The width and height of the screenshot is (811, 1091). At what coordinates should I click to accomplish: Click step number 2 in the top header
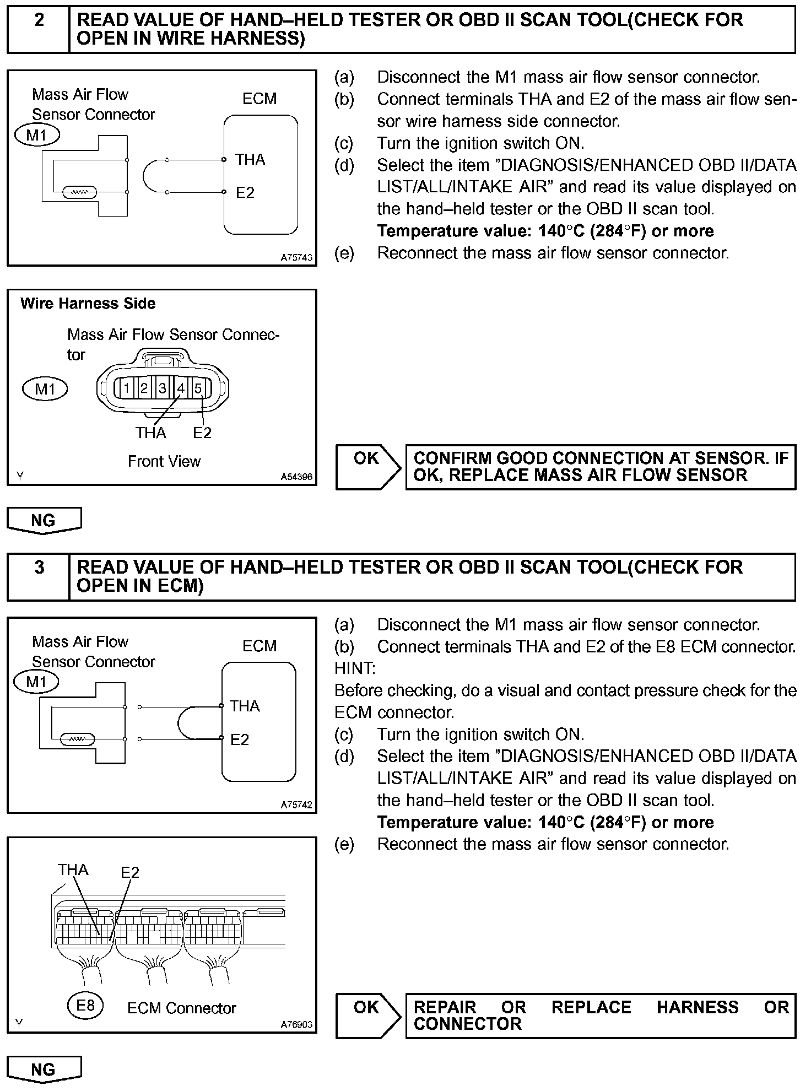click(x=39, y=20)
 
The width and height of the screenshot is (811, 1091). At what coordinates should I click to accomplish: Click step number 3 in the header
click(x=39, y=567)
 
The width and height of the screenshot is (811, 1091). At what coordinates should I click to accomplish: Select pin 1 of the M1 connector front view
click(x=127, y=388)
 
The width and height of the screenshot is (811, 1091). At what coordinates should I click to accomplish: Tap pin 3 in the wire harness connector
click(x=163, y=388)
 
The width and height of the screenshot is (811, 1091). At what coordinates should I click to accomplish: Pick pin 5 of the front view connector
click(x=198, y=388)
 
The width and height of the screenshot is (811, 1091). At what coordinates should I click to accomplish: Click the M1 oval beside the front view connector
click(x=45, y=389)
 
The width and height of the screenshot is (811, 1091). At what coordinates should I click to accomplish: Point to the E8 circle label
click(x=85, y=1006)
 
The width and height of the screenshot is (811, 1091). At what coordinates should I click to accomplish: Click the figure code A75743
click(x=296, y=257)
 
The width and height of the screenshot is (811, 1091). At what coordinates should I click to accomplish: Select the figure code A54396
click(x=296, y=477)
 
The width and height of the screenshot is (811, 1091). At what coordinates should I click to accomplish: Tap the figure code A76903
click(x=296, y=1024)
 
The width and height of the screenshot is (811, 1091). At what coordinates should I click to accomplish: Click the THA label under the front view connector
click(x=151, y=433)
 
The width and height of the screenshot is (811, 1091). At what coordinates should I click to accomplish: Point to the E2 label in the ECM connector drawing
click(x=131, y=872)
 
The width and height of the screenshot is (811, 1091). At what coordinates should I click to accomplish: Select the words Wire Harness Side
click(x=88, y=304)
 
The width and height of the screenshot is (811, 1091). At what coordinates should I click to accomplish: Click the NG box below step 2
click(x=44, y=520)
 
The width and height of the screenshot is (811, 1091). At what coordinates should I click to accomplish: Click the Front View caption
click(x=164, y=461)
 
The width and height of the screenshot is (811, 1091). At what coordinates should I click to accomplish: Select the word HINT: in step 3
click(x=355, y=668)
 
